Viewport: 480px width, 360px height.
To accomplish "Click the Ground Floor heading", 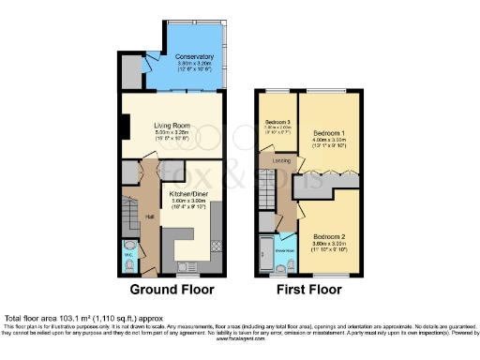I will click(x=172, y=290).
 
